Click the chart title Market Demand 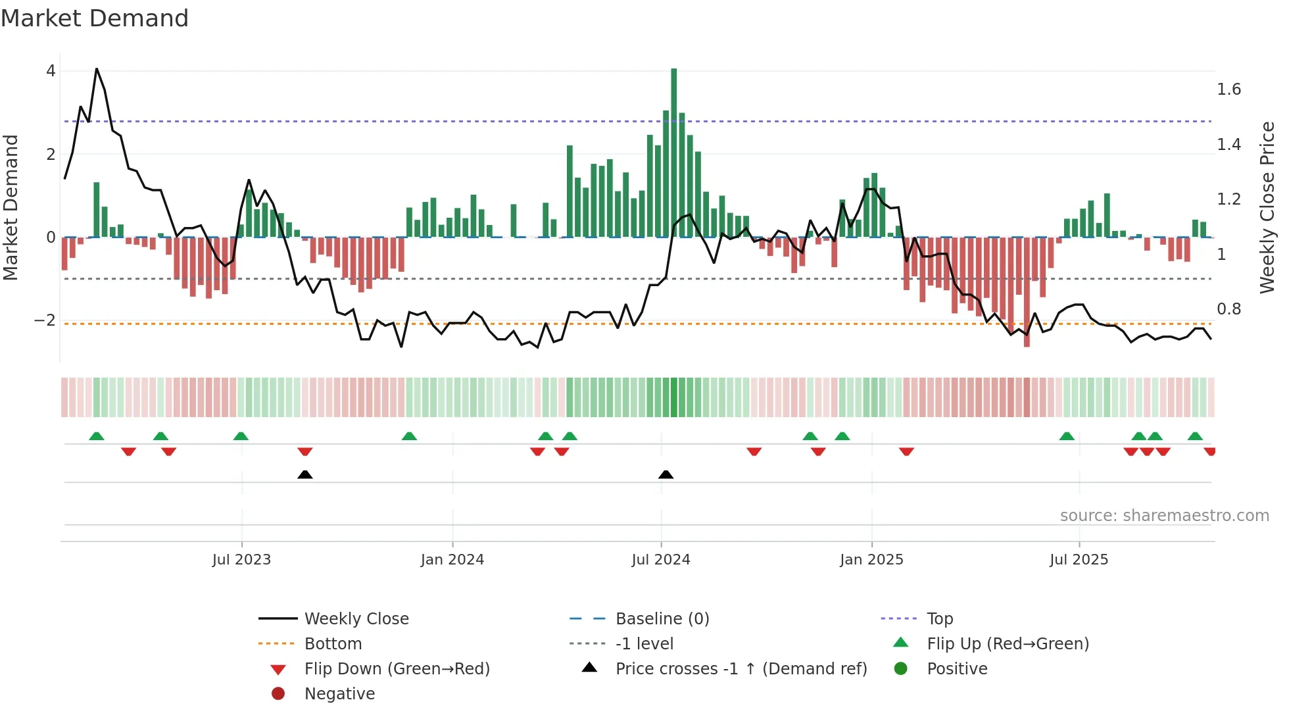[x=95, y=18]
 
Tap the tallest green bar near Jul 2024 [x=673, y=151]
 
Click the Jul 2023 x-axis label [x=241, y=560]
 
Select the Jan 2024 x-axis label [x=452, y=560]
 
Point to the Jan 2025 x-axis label [x=871, y=560]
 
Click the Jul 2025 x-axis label [x=1079, y=560]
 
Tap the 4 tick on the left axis [x=51, y=71]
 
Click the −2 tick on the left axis [x=45, y=320]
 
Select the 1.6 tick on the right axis [x=1228, y=89]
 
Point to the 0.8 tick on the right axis [x=1228, y=309]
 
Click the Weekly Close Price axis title [x=1267, y=207]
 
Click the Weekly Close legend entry [x=356, y=619]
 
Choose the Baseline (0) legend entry [x=662, y=619]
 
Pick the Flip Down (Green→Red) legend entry [x=397, y=669]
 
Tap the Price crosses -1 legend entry [x=741, y=669]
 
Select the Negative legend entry [x=339, y=694]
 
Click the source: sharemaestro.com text [x=1164, y=516]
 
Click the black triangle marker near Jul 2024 [x=666, y=474]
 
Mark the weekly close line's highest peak [x=97, y=68]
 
